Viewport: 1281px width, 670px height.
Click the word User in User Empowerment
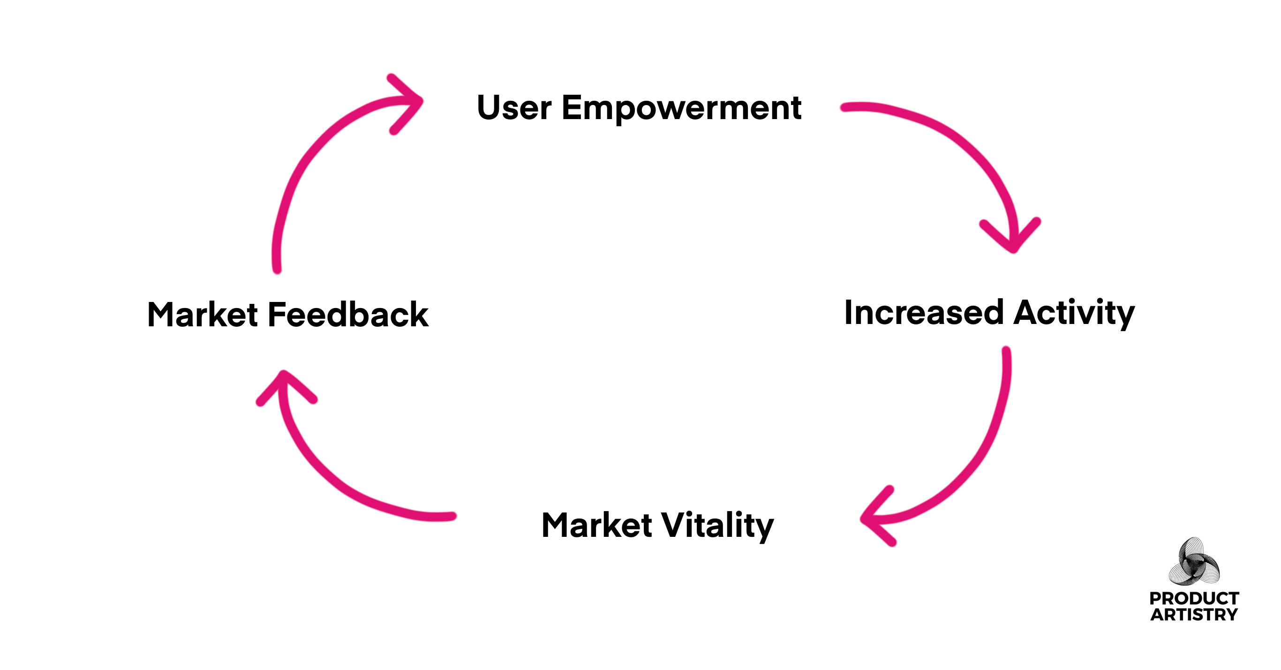pos(514,107)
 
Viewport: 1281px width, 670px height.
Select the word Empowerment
pos(681,108)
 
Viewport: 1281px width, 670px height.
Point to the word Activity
pos(1074,313)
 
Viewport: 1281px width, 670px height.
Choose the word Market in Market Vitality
pos(596,526)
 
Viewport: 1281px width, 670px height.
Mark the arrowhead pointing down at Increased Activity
pos(1012,239)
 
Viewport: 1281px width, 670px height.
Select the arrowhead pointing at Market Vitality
pos(875,517)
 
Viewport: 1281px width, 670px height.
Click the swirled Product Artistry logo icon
pos(1193,562)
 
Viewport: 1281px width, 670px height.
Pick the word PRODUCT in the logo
pos(1193,598)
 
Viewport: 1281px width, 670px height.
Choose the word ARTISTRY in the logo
pos(1193,615)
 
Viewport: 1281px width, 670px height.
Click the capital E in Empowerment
pos(572,107)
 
